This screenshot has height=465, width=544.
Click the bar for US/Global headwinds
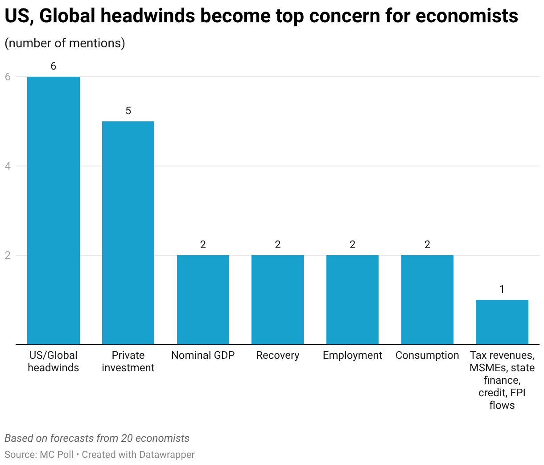[54, 210]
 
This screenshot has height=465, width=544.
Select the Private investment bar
[128, 232]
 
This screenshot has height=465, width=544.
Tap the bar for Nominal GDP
[203, 299]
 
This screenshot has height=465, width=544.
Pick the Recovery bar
[278, 299]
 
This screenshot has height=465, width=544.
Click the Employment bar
[352, 299]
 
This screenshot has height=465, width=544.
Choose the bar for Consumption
[427, 299]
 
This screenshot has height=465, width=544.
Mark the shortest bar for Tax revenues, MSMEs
[502, 322]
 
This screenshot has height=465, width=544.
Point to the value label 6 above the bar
[54, 66]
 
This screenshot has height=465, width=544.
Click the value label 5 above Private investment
[128, 111]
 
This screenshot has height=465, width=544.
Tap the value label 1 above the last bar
[502, 290]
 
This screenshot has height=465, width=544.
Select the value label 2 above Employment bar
[353, 245]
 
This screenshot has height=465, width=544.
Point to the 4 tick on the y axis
[8, 166]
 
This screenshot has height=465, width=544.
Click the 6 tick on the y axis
[8, 77]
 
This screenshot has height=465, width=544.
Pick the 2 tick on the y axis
[8, 255]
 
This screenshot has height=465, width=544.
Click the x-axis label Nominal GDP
[203, 355]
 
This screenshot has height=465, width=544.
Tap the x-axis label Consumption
[427, 355]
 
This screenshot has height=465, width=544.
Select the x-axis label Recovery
[278, 355]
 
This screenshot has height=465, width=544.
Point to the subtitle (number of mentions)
[65, 43]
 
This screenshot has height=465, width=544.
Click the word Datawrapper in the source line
[167, 455]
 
